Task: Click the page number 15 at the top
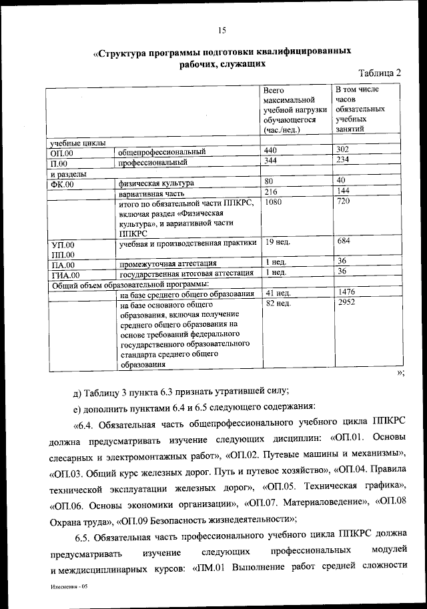(222, 29)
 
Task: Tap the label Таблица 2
(379, 73)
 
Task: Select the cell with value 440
(270, 151)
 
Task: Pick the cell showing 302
(343, 150)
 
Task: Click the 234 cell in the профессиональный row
(343, 160)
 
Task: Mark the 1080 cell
(274, 201)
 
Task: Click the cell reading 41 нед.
(277, 293)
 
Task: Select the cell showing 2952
(346, 302)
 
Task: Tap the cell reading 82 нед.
(277, 303)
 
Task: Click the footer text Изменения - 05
(69, 590)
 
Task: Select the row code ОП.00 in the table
(61, 153)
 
